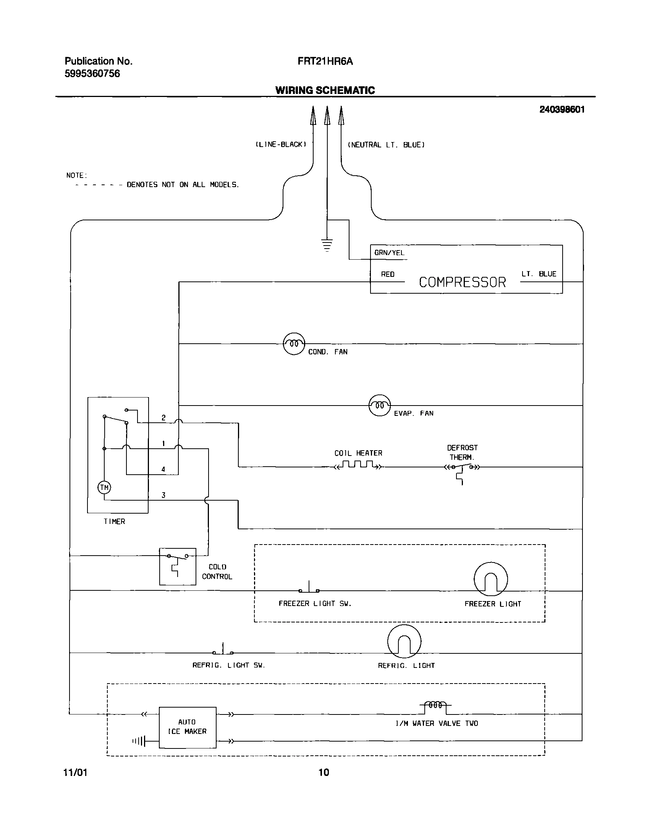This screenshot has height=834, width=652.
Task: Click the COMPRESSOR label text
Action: click(462, 282)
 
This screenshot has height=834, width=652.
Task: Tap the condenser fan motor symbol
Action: click(294, 344)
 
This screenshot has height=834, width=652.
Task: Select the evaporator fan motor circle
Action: click(379, 405)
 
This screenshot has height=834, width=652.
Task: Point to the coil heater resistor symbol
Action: click(358, 465)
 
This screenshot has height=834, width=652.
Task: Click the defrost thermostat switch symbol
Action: click(462, 467)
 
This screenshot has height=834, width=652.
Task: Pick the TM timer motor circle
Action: click(104, 488)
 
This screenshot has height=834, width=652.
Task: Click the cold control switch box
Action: click(178, 566)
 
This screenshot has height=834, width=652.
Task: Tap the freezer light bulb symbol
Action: click(490, 579)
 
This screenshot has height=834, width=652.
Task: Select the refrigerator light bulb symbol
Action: click(404, 641)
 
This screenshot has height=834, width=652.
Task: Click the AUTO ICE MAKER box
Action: click(187, 727)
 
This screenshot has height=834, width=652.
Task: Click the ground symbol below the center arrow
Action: click(327, 245)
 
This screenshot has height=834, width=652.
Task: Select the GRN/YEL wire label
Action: click(389, 253)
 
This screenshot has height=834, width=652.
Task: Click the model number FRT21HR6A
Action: click(325, 61)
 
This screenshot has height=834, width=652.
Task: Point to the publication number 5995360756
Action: click(92, 74)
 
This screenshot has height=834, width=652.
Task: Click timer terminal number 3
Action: click(163, 495)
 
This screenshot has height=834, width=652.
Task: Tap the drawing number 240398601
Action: click(561, 110)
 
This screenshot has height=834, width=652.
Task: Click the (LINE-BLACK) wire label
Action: click(281, 145)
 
